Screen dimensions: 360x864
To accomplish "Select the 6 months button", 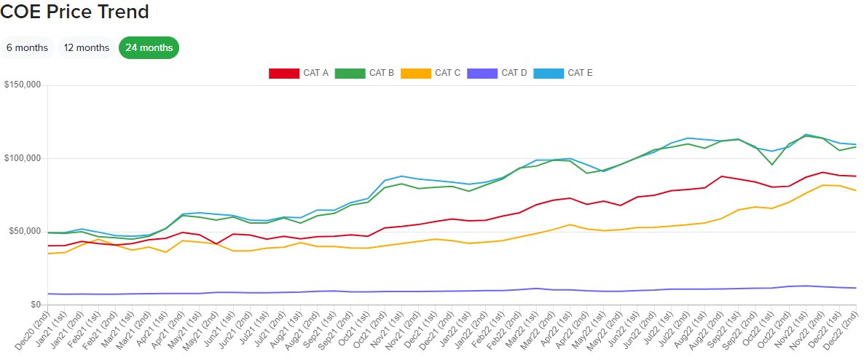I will (27, 47).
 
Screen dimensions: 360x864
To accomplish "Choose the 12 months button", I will (86, 47).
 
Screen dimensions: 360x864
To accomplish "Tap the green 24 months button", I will (149, 47).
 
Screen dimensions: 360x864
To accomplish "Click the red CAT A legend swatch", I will (284, 73).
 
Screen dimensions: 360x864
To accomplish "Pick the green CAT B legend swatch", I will (350, 73).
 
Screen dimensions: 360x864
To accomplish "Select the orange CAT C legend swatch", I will (415, 73).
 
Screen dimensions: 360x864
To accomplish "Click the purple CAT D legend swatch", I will (482, 73).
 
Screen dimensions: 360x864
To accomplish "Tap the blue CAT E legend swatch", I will (549, 73).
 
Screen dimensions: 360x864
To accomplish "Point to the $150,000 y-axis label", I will (23, 85).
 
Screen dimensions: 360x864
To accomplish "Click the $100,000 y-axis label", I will (23, 158).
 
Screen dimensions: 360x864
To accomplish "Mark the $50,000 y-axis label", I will (25, 232).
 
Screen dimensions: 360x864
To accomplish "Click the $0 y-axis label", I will (34, 305).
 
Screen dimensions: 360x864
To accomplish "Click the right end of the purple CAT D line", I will (856, 288).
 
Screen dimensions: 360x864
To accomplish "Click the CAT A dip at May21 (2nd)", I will (216, 244).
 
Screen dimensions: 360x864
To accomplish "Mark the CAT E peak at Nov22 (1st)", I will (806, 134).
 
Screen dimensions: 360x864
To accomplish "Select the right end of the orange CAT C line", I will (856, 190).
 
